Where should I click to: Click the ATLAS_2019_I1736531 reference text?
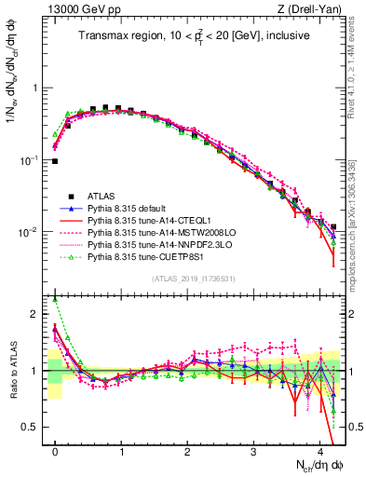coord(193,279)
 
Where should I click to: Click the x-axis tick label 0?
coord(56,450)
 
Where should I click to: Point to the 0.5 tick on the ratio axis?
coord(35,428)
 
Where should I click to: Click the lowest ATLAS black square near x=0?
coord(55,161)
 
